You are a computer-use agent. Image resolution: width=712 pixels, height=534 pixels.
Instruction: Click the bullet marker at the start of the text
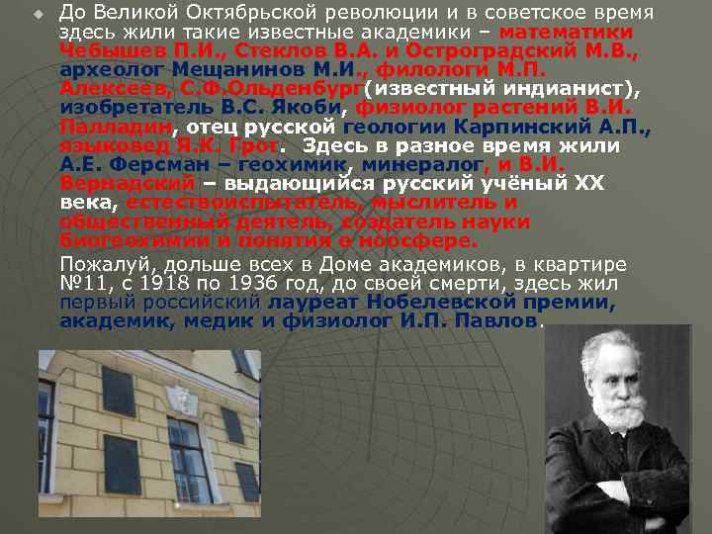tap(39, 13)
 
